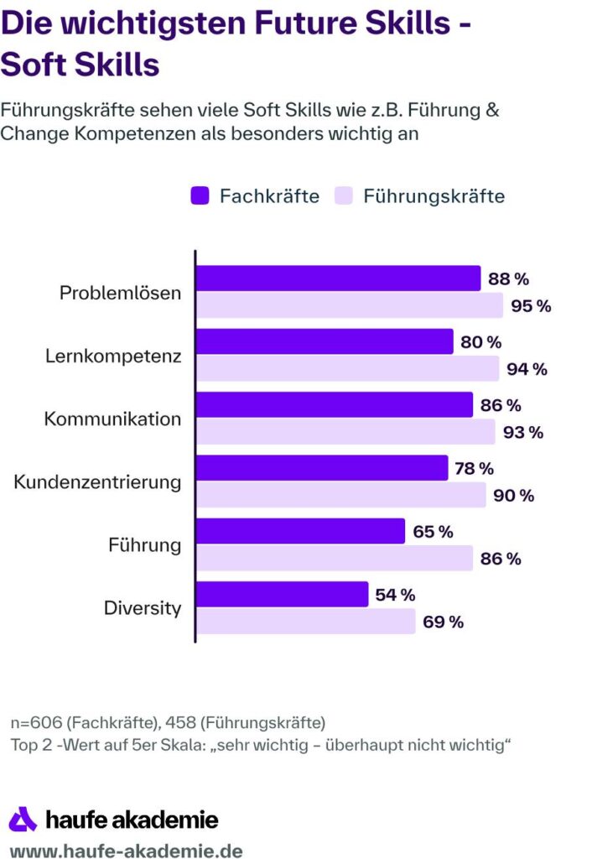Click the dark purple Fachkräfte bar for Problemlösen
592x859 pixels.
[x=337, y=279]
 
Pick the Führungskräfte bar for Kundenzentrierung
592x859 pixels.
[x=340, y=495]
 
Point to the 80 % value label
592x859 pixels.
[x=480, y=342]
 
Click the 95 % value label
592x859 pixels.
[x=531, y=306]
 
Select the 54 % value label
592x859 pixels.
[x=395, y=595]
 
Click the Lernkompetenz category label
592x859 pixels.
[x=113, y=356]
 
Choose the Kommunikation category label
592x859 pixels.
[x=112, y=419]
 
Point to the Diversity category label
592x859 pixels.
[x=143, y=608]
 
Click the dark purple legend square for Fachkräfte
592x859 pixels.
[x=200, y=196]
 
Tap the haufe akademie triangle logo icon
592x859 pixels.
[x=23, y=819]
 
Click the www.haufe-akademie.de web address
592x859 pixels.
[x=126, y=850]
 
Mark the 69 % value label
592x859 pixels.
[x=444, y=622]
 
